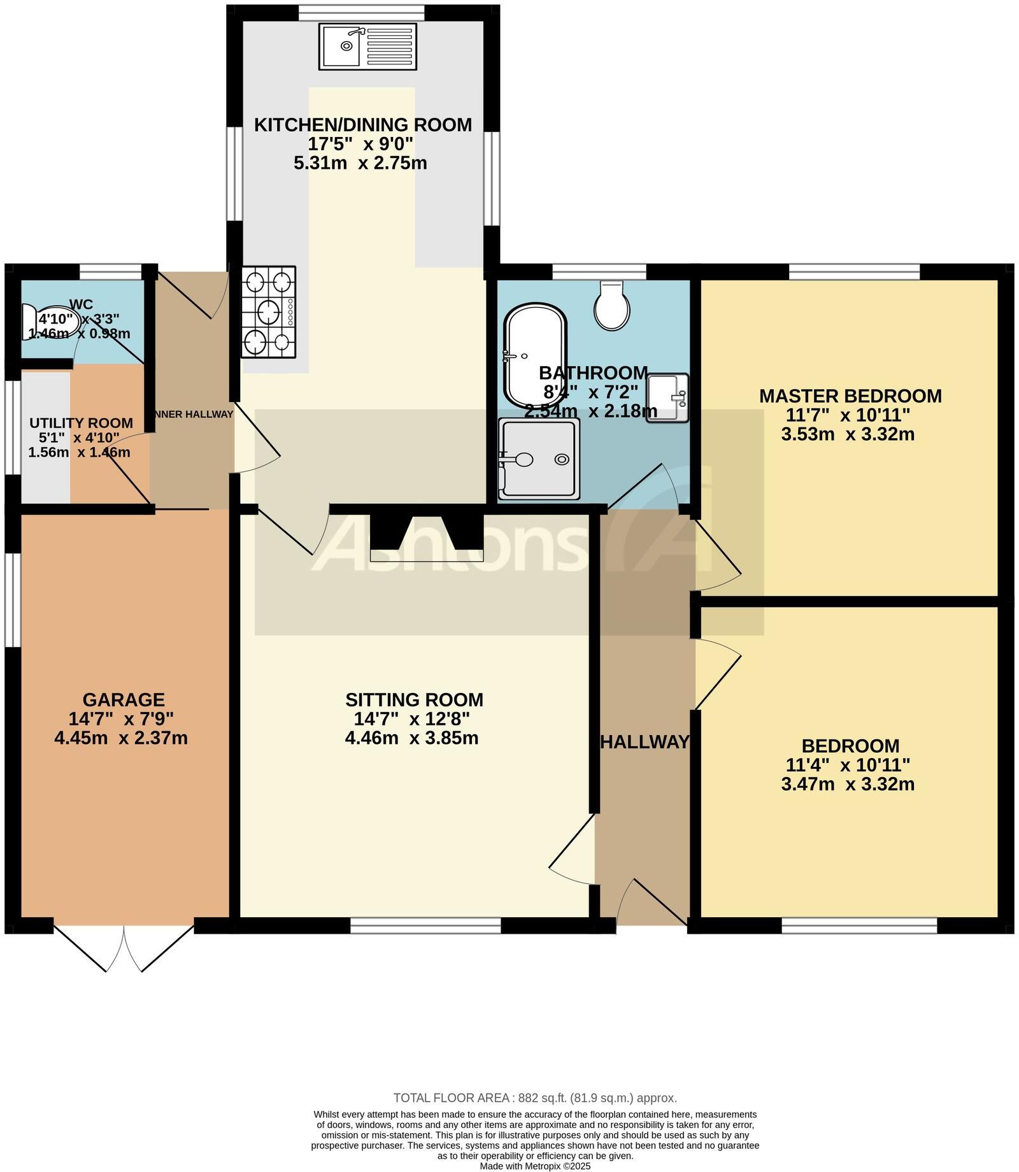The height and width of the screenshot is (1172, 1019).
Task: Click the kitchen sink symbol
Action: (367, 46)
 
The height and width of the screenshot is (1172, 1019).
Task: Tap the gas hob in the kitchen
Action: (268, 311)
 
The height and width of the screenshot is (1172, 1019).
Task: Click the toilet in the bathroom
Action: (612, 307)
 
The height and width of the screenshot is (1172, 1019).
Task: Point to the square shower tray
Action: (539, 459)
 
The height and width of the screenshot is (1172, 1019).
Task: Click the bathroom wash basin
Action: (667, 397)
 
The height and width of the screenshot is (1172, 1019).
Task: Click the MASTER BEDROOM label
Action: (850, 396)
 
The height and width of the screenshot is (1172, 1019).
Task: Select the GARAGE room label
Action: (124, 700)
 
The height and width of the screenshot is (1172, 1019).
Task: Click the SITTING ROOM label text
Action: (414, 700)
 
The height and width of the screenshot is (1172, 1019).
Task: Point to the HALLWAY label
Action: (645, 742)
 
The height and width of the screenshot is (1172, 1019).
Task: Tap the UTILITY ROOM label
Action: (81, 423)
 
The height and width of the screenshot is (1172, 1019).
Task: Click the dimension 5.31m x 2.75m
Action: (360, 163)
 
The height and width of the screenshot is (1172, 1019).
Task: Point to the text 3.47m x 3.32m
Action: (847, 784)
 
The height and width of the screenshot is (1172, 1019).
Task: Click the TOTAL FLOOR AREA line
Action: (534, 1098)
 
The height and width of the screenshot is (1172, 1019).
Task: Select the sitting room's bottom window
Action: (425, 925)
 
